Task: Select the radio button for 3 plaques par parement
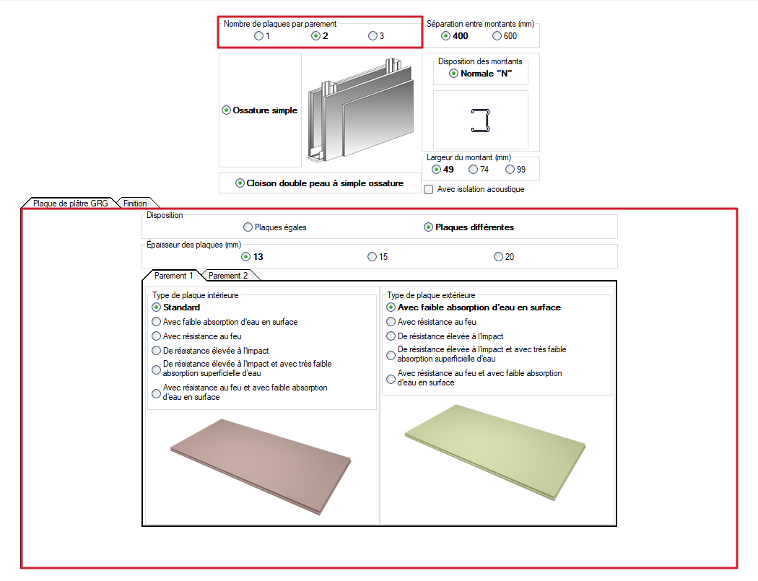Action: point(373,36)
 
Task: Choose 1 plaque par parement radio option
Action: point(258,36)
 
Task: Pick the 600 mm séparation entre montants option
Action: point(497,36)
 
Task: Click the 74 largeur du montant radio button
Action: point(474,169)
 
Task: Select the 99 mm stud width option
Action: point(510,169)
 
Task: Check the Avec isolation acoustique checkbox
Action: point(428,190)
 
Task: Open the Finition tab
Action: point(135,204)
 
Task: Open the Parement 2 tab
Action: point(228,276)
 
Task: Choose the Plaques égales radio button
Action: point(248,227)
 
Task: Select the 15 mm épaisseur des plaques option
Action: point(372,257)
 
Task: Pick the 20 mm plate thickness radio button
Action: point(498,257)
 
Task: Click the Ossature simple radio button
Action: point(226,110)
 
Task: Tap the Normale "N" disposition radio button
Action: point(453,74)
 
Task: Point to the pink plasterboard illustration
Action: point(261,466)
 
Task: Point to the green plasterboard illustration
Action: point(495,452)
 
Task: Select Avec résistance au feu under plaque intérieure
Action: point(156,336)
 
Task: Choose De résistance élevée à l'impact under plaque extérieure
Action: point(391,336)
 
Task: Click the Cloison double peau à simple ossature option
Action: point(240,183)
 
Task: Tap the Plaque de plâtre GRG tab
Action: point(71,204)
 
